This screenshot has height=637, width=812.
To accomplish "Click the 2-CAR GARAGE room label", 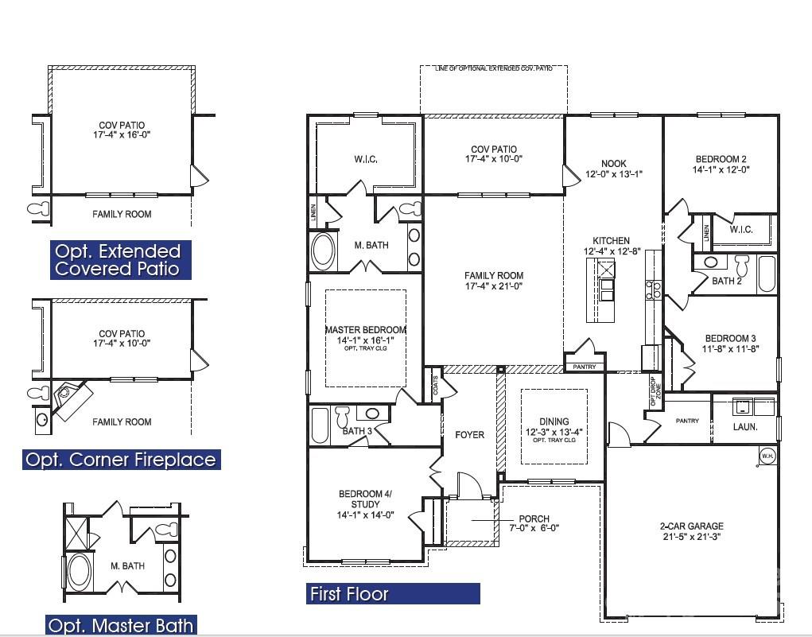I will pyautogui.click(x=691, y=526).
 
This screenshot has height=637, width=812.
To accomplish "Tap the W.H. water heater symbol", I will pyautogui.click(x=767, y=456).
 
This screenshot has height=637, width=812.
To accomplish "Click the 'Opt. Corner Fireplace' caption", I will pyautogui.click(x=120, y=460).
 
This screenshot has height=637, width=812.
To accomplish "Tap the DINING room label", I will pyautogui.click(x=554, y=421).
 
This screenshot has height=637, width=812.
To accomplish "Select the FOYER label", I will pyautogui.click(x=469, y=434).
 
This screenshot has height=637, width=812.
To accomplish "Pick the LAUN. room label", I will pyautogui.click(x=744, y=427).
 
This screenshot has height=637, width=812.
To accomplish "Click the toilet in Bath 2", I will pyautogui.click(x=742, y=263).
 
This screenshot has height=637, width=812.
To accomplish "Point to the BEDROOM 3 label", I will pyautogui.click(x=725, y=338).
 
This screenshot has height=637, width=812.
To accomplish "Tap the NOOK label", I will pyautogui.click(x=613, y=164).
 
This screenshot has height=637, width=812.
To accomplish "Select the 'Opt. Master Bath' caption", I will pyautogui.click(x=120, y=625).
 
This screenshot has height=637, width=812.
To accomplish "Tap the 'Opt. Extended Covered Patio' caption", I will pyautogui.click(x=118, y=260).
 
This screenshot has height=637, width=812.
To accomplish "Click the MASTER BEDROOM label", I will pyautogui.click(x=365, y=330).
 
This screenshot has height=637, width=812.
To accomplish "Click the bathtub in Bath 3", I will pyautogui.click(x=320, y=425).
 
